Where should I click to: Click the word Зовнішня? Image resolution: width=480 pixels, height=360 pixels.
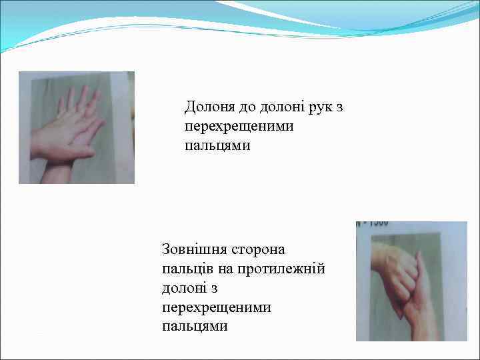pyautogui.click(x=193, y=250)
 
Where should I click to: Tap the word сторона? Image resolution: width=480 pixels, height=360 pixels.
pyautogui.click(x=259, y=250)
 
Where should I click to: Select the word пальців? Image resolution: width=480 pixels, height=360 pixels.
pyautogui.click(x=187, y=269)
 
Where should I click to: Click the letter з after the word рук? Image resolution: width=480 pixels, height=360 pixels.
pyautogui.click(x=339, y=107)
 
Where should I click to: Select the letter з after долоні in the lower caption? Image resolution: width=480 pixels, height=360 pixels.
pyautogui.click(x=215, y=289)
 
